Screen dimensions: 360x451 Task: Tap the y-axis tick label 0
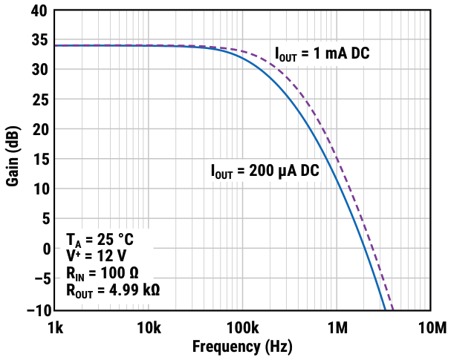(x=42, y=248)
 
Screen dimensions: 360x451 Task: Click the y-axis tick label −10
(x=34, y=308)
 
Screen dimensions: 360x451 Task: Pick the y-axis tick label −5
(x=38, y=278)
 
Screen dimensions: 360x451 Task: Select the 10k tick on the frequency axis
(x=148, y=327)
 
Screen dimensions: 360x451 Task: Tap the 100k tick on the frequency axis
(x=242, y=327)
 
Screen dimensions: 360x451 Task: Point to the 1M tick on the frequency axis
(x=337, y=327)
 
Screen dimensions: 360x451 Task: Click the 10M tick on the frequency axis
(x=431, y=327)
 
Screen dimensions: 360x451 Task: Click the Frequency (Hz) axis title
(x=242, y=347)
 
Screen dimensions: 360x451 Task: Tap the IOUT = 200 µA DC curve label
(x=264, y=171)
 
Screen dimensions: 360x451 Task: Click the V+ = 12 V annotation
(x=95, y=255)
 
